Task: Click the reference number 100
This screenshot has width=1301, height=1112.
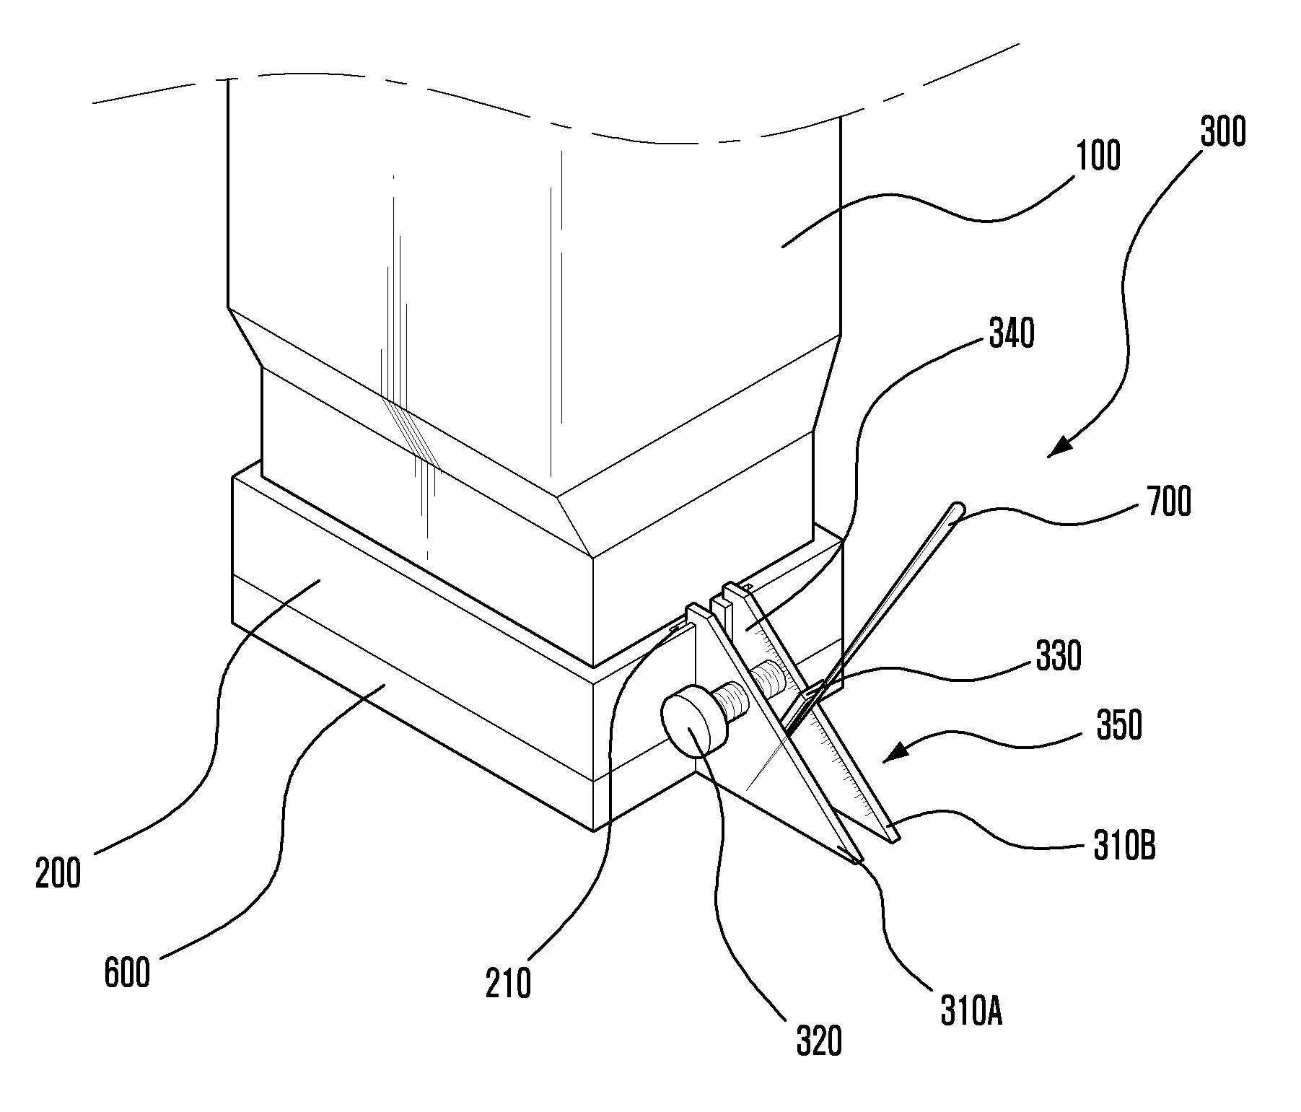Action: (1098, 156)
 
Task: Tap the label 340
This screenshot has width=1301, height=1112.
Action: (1011, 334)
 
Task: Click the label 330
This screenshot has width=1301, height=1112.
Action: (1058, 657)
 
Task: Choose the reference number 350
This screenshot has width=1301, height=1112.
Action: (1119, 726)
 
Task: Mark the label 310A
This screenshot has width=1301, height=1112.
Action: (971, 1011)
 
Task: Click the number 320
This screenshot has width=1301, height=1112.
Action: (819, 1042)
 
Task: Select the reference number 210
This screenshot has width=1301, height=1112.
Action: (508, 983)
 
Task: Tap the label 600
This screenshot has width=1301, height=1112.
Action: (128, 972)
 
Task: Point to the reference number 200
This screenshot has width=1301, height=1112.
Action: (58, 874)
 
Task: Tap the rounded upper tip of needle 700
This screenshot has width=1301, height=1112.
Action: (957, 509)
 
